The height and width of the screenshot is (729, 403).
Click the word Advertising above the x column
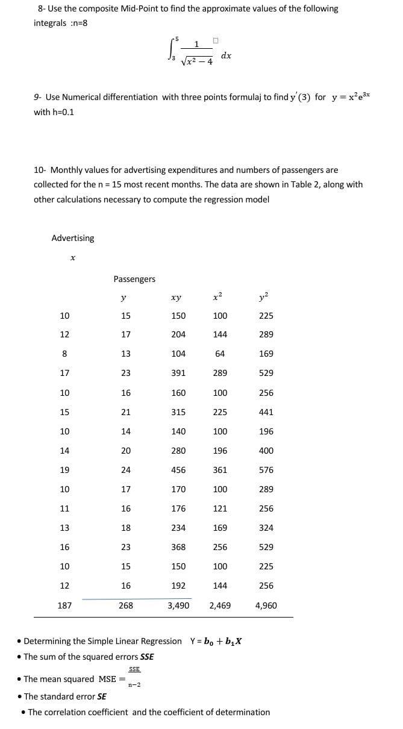73,238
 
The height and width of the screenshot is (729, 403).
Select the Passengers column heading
134,279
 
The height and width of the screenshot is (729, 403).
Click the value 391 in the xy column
178,373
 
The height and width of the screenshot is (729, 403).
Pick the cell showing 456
178,470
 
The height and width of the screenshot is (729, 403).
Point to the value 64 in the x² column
220,354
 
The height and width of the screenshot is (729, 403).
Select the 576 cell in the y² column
266,470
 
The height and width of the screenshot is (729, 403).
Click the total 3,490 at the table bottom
178,605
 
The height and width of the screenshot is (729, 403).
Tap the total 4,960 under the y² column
266,605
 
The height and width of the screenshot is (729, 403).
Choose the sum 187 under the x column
64,605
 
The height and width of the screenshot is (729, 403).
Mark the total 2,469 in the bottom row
220,605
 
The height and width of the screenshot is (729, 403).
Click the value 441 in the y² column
266,412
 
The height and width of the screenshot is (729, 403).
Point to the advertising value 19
64,470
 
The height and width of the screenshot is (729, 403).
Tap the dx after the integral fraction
226,55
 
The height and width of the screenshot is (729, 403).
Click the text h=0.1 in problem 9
63,112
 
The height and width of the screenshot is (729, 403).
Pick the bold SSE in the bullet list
146,657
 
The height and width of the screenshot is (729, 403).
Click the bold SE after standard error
102,696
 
